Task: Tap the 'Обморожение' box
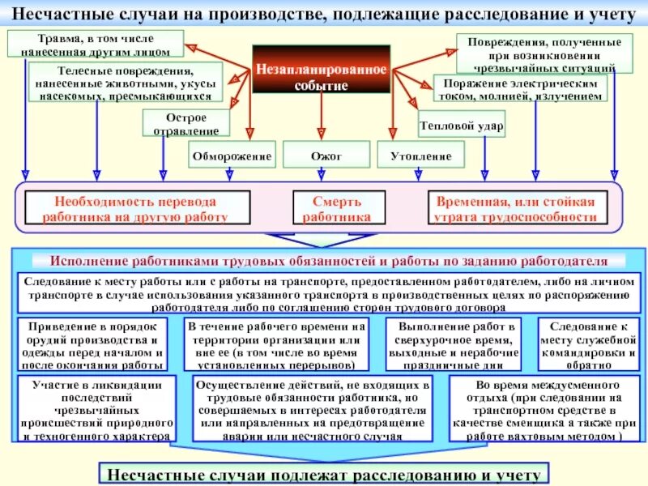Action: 232,154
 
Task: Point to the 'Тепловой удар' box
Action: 461,127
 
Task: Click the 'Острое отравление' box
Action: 186,123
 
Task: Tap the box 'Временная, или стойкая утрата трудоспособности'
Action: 516,209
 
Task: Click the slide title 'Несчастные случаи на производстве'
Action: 324,15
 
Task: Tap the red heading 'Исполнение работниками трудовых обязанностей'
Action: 328,262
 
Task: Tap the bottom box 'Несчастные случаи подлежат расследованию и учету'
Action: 323,472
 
